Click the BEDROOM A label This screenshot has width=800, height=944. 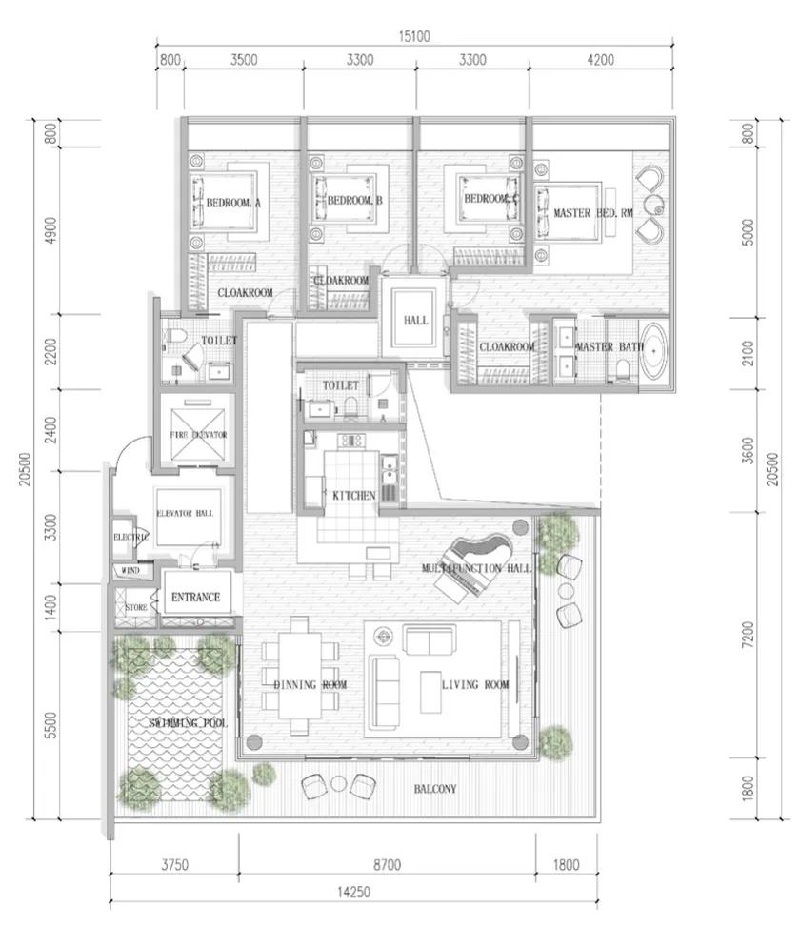click(233, 203)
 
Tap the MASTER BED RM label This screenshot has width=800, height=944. click(592, 214)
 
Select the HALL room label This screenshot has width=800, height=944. click(415, 321)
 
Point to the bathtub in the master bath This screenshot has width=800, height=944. click(655, 353)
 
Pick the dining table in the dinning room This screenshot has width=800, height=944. click(300, 675)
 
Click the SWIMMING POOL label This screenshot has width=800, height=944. click(188, 724)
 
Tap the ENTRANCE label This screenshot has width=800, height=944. click(195, 598)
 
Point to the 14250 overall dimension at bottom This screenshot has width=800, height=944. click(352, 892)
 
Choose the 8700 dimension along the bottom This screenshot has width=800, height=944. click(387, 865)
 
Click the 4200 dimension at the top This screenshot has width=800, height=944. click(601, 60)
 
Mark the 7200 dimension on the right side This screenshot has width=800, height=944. click(748, 636)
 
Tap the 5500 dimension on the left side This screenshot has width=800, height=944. click(50, 729)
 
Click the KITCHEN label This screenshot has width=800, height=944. click(353, 496)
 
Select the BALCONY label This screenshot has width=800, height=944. click(435, 789)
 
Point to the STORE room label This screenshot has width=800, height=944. click(135, 606)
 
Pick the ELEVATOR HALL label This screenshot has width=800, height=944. click(184, 513)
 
